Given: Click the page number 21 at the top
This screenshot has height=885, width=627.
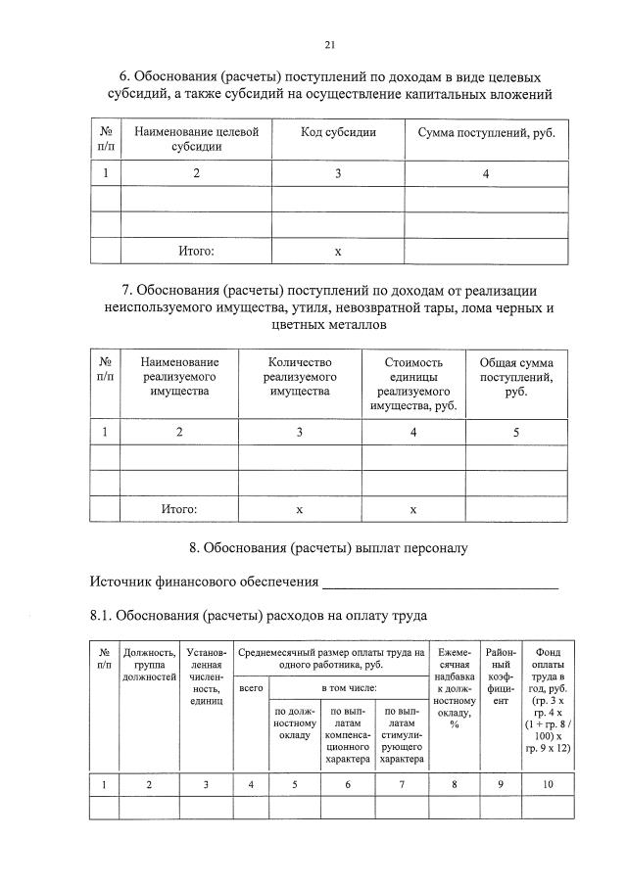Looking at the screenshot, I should pyautogui.click(x=330, y=44).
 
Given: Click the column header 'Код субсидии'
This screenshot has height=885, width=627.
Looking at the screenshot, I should pyautogui.click(x=338, y=131).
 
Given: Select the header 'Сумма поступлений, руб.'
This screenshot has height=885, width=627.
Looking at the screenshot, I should pyautogui.click(x=486, y=131).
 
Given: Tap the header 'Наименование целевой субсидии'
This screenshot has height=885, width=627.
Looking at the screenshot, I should pyautogui.click(x=196, y=139).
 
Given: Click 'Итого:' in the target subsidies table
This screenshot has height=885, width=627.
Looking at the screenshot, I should pyautogui.click(x=196, y=251).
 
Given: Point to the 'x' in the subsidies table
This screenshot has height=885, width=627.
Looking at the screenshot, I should pyautogui.click(x=338, y=252).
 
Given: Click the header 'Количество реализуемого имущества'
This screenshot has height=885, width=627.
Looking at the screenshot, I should pyautogui.click(x=300, y=377).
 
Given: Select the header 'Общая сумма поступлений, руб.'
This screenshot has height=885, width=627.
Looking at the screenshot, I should pyautogui.click(x=515, y=377).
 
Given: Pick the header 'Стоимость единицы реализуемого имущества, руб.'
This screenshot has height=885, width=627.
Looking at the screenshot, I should pyautogui.click(x=412, y=384).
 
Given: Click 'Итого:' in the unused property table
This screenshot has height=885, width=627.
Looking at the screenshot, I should pyautogui.click(x=179, y=509).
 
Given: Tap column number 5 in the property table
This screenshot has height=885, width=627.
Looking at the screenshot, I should pyautogui.click(x=515, y=432).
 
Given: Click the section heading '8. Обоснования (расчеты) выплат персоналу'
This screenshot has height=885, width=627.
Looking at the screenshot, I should pyautogui.click(x=329, y=548).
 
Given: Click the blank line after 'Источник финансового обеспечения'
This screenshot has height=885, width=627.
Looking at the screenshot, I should pyautogui.click(x=440, y=585).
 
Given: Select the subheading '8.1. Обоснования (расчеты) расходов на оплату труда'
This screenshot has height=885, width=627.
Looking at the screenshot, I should pyautogui.click(x=257, y=617).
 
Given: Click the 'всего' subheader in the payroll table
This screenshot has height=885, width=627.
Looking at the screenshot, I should pyautogui.click(x=251, y=690).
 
